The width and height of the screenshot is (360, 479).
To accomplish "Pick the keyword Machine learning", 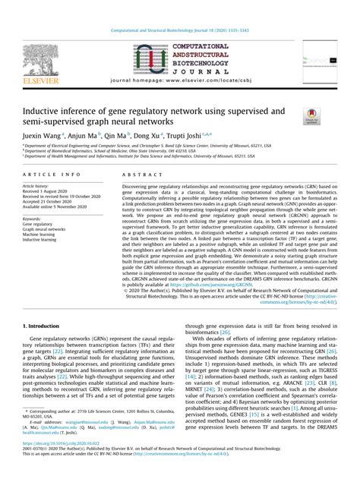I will [x=39, y=235].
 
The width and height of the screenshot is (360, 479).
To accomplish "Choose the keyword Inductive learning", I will [x=40, y=240].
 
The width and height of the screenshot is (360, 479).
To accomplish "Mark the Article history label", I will [x=36, y=185].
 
